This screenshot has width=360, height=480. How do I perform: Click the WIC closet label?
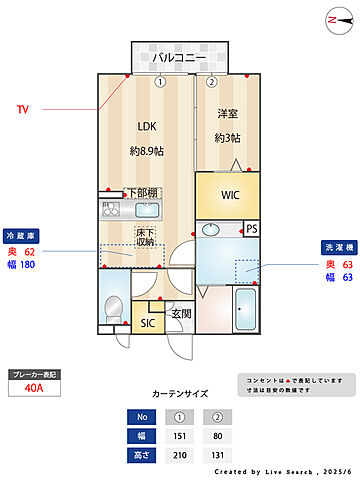231,194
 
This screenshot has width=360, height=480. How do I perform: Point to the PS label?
251,229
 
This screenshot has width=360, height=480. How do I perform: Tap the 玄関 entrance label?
180,314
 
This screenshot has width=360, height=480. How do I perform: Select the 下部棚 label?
142,193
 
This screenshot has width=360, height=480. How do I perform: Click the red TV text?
23,109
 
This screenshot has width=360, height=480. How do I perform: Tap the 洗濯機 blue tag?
335,246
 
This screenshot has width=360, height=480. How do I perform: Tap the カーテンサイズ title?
179,394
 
